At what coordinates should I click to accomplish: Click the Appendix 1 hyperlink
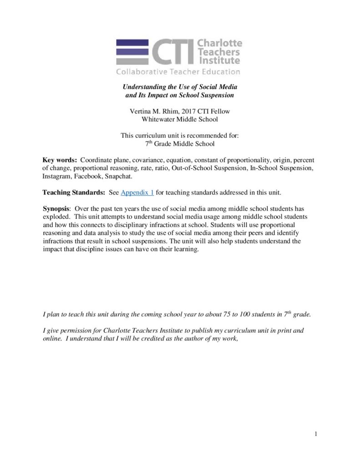137,192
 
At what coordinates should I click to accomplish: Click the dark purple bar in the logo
132,43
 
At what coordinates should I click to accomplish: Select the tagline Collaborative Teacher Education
178,72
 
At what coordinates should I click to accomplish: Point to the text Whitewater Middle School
180,119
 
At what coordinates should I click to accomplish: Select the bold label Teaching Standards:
74,192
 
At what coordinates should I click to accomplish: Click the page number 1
316,434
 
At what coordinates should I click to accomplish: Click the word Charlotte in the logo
219,43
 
